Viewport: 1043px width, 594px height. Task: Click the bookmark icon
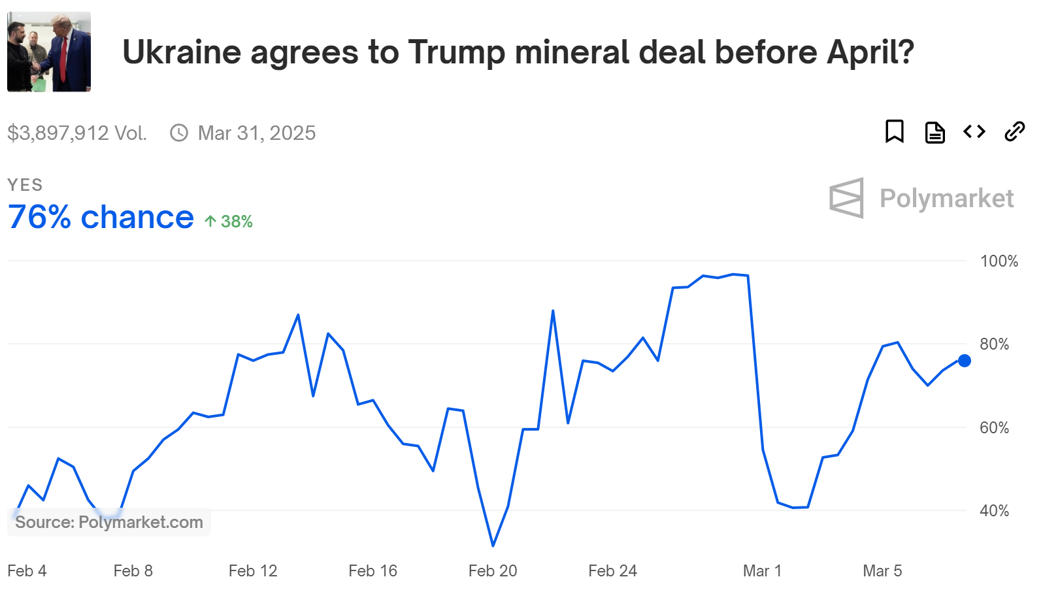[894, 131]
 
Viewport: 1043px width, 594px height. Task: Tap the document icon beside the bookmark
[935, 132]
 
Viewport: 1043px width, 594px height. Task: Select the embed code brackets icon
[974, 131]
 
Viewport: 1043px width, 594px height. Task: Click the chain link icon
[1014, 131]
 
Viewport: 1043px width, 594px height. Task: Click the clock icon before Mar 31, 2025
[179, 133]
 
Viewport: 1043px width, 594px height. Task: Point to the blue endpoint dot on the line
[964, 361]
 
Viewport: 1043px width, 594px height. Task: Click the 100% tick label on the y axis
[999, 261]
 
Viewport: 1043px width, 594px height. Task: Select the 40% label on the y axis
[994, 511]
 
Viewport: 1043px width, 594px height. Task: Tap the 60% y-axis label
[994, 428]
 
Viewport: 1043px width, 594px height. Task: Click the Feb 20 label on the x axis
[493, 571]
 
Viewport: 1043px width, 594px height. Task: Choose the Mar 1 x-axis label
[762, 571]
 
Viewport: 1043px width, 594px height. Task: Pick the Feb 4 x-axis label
[27, 571]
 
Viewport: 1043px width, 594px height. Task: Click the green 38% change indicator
[229, 222]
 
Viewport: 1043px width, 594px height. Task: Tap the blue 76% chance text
[101, 218]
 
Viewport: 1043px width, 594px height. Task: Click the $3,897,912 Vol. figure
[77, 133]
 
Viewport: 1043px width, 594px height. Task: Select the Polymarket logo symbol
[847, 198]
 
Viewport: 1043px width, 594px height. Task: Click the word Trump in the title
[457, 52]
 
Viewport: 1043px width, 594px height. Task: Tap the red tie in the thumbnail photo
[63, 59]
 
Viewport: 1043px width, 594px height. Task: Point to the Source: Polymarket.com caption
[109, 522]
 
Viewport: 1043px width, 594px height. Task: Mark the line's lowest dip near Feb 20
[493, 545]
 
